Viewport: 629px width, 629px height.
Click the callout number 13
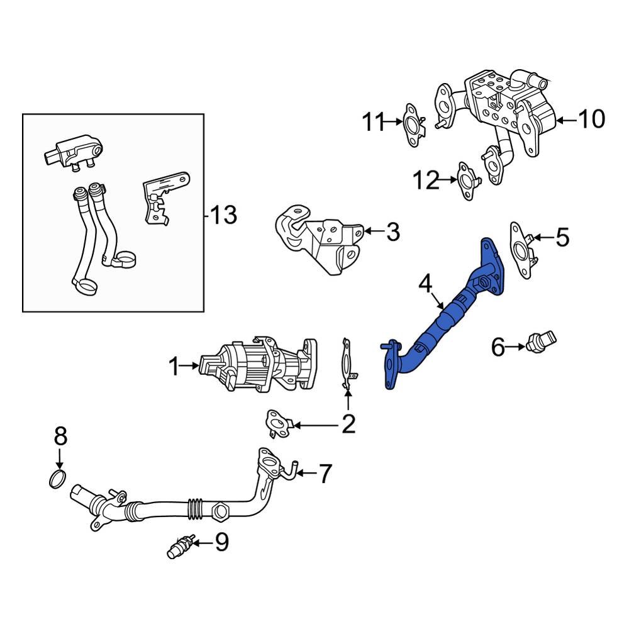(224, 216)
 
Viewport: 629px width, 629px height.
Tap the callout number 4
(426, 284)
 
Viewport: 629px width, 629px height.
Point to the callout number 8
(60, 435)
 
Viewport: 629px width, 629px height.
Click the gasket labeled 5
(521, 250)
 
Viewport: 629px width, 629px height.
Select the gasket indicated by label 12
(466, 181)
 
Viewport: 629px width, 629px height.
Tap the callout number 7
(324, 473)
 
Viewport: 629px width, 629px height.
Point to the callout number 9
(221, 542)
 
